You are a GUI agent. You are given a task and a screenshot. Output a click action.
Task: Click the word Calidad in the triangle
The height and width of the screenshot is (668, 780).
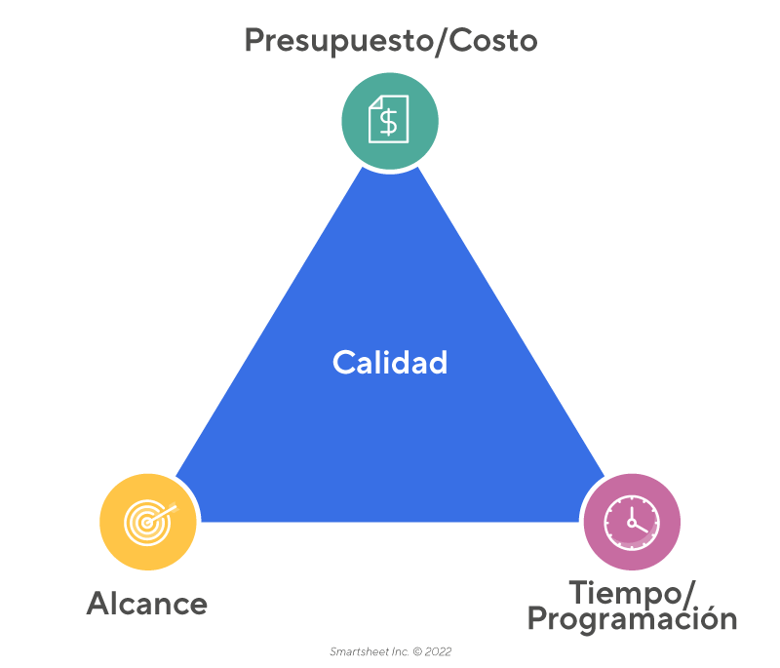[x=390, y=363]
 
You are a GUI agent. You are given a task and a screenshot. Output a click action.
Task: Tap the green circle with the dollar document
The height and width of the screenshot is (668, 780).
[x=390, y=121]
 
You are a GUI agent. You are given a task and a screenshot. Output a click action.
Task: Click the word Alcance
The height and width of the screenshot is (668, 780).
[x=147, y=604]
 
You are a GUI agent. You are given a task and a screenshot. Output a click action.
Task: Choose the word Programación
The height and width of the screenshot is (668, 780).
[x=632, y=619]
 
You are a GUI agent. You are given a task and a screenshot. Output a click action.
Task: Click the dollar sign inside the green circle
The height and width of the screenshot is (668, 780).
[x=390, y=122]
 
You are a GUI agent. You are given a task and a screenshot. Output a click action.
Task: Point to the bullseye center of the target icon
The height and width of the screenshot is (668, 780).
[x=145, y=524]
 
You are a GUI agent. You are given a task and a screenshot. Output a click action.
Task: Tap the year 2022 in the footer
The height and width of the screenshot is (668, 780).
[x=438, y=651]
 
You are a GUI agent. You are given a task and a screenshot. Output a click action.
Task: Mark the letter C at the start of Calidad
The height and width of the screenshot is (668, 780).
[x=342, y=363]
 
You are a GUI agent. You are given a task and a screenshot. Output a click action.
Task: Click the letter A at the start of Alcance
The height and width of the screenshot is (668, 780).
[x=97, y=604]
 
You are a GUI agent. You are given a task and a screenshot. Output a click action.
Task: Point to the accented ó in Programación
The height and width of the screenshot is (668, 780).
[x=703, y=619]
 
